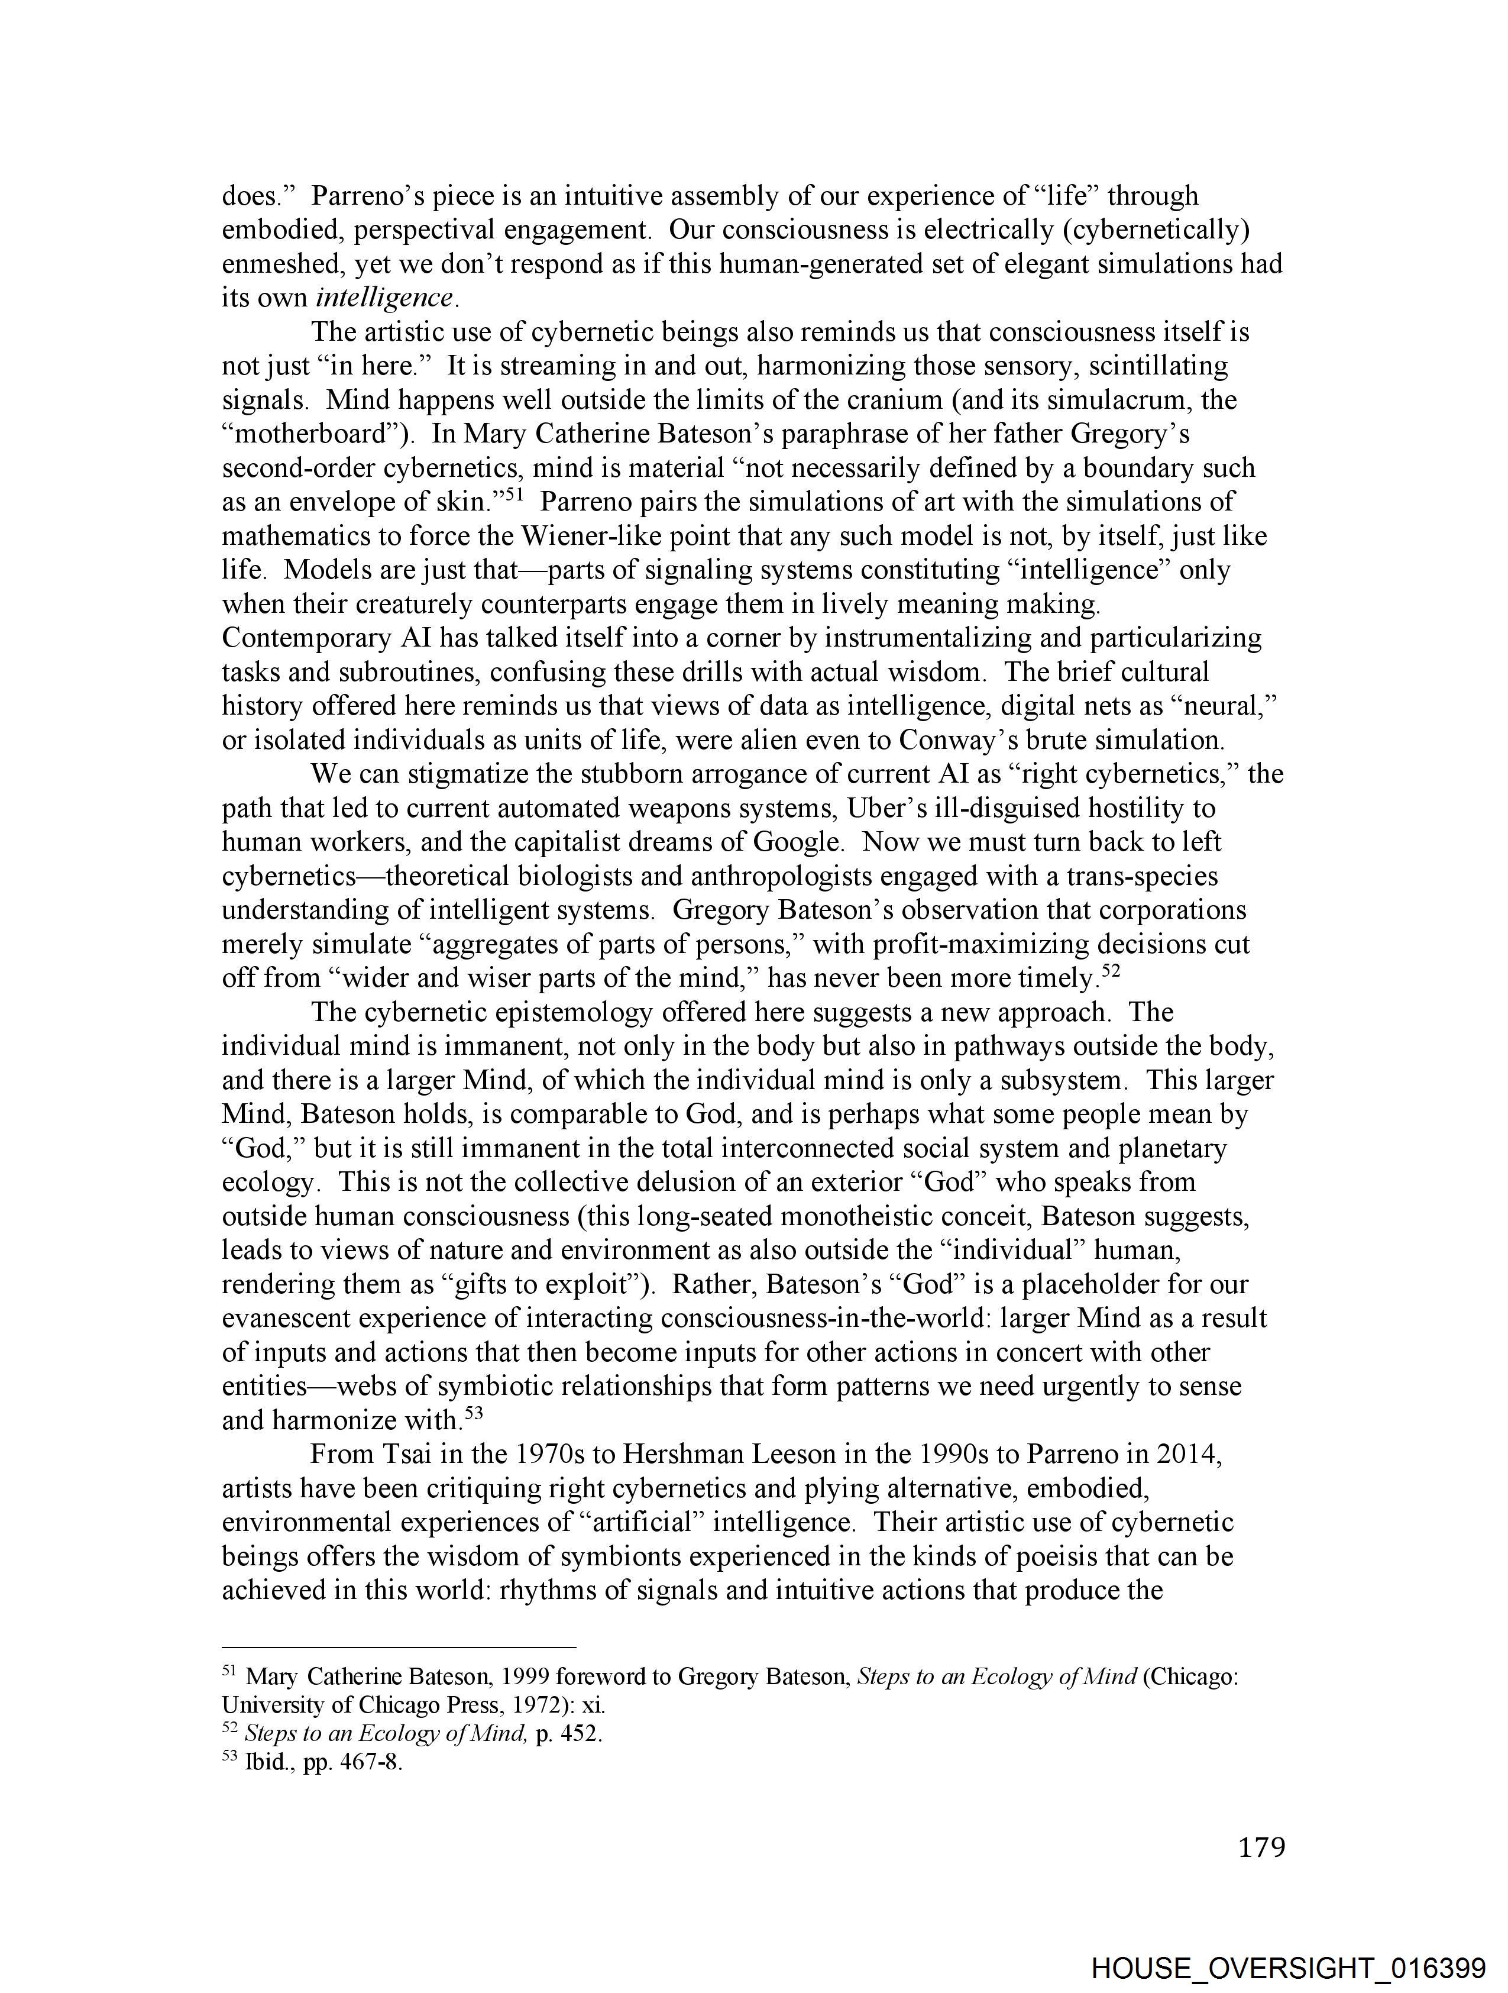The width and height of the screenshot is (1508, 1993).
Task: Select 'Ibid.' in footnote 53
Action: [265, 1762]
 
